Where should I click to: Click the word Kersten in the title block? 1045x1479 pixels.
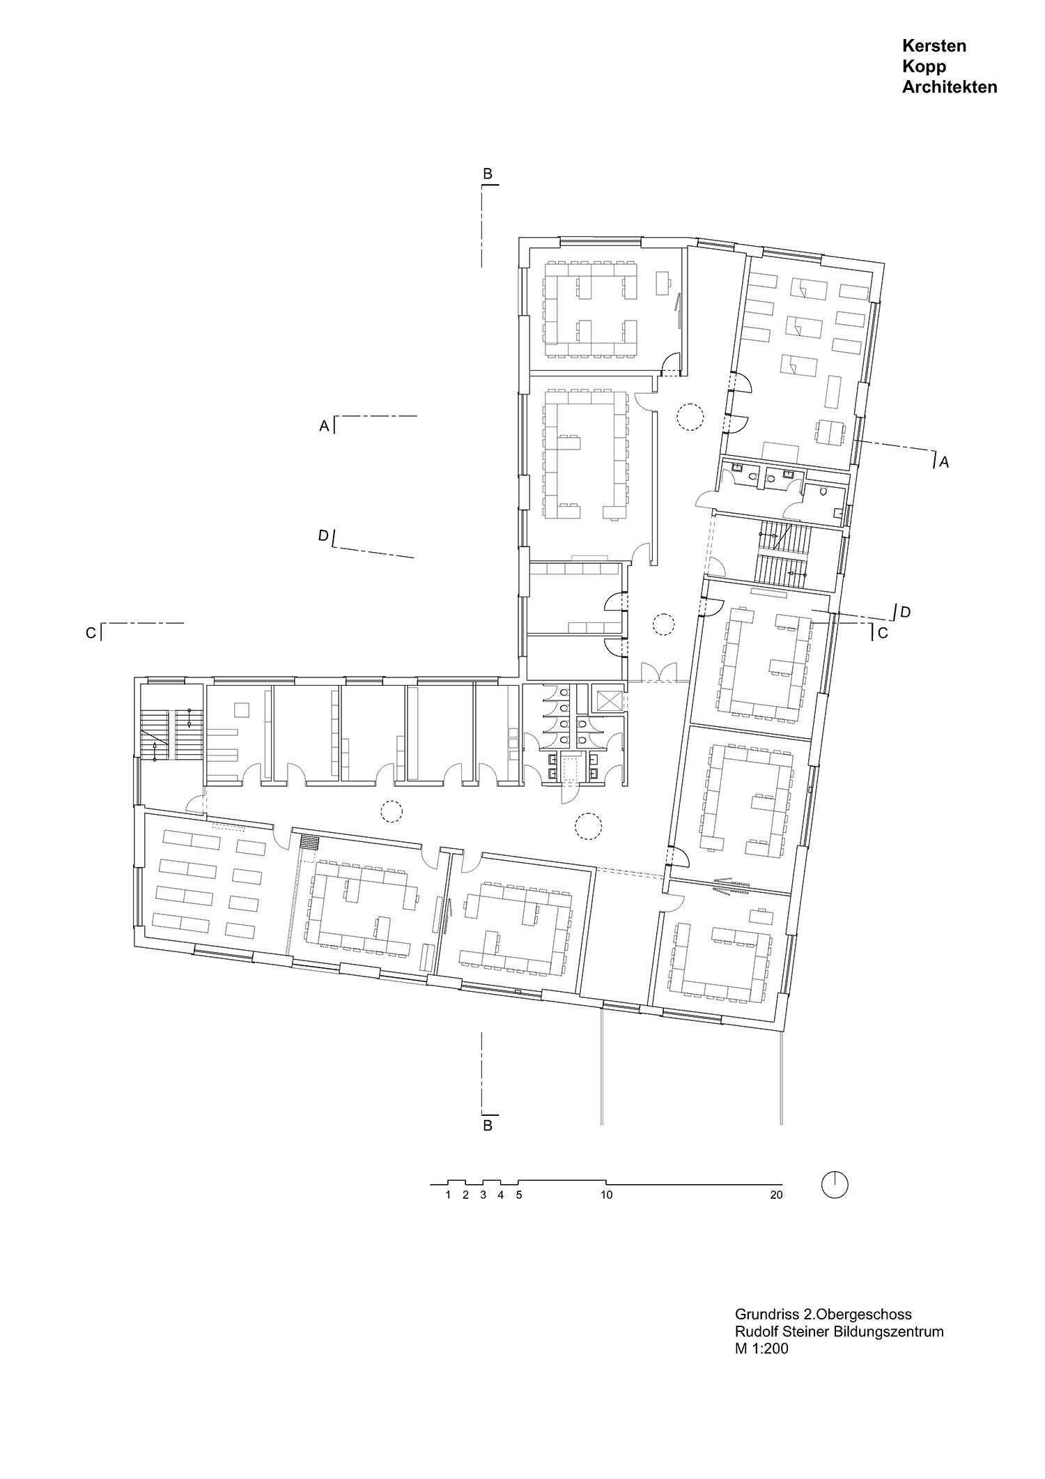[x=934, y=46]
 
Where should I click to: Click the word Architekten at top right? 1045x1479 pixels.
[x=949, y=87]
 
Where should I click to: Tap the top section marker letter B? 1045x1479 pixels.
[x=488, y=174]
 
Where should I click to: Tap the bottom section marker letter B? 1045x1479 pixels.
[x=488, y=1125]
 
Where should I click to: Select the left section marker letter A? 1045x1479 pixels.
[x=324, y=426]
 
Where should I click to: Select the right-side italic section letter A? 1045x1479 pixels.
[x=944, y=461]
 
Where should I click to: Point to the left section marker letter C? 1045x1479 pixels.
[x=91, y=634]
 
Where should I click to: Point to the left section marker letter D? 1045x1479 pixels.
[x=323, y=536]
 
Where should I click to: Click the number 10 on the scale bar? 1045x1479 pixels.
[x=606, y=1195]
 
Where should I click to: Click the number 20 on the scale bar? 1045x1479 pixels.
[x=776, y=1195]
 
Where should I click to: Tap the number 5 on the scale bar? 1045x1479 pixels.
[x=518, y=1195]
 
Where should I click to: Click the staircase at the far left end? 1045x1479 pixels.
[x=171, y=735]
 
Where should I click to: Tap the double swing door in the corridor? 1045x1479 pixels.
[x=658, y=672]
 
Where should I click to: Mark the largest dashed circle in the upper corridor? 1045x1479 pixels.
[x=690, y=417]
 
